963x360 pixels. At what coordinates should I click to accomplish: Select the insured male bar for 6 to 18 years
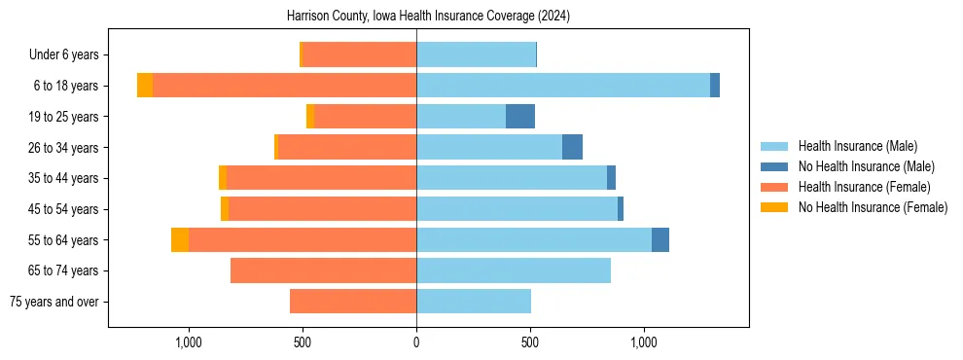coord(562,86)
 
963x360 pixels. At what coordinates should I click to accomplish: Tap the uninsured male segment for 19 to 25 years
coord(520,117)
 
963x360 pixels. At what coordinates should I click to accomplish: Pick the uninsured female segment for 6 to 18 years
coord(145,86)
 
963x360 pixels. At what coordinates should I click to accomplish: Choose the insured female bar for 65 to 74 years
coord(323,270)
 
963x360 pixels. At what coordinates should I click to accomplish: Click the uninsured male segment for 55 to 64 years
coord(660,240)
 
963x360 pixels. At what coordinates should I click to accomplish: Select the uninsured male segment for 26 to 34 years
coord(572,147)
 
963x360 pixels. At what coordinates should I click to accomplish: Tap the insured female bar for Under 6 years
coord(360,54)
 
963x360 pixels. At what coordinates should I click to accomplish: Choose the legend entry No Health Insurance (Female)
coord(873,207)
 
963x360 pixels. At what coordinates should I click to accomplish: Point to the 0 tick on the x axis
coord(416,342)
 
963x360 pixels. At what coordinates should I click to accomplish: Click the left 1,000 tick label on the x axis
coord(188,342)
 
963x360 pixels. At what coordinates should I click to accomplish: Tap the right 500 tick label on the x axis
coord(530,342)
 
